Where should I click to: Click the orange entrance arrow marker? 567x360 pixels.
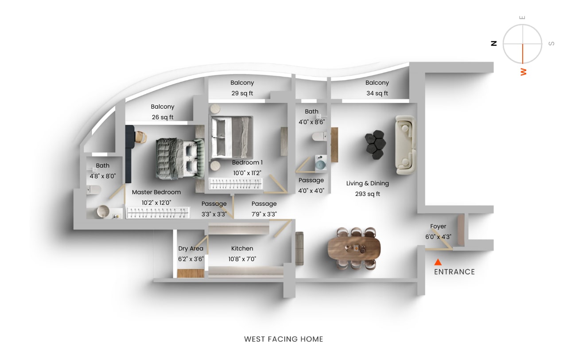pyautogui.click(x=438, y=262)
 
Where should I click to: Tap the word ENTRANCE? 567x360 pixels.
pyautogui.click(x=454, y=272)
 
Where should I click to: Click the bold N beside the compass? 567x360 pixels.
pyautogui.click(x=493, y=43)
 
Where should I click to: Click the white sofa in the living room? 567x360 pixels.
pyautogui.click(x=405, y=144)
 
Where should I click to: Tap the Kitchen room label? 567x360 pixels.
pyautogui.click(x=242, y=249)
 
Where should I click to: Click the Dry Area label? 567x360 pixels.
pyautogui.click(x=190, y=249)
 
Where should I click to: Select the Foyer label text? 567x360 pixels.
pyautogui.click(x=438, y=227)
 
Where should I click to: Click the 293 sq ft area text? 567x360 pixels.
pyautogui.click(x=368, y=194)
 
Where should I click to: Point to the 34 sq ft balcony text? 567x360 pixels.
pyautogui.click(x=377, y=93)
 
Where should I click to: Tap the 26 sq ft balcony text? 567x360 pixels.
pyautogui.click(x=162, y=117)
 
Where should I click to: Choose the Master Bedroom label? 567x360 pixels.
pyautogui.click(x=156, y=192)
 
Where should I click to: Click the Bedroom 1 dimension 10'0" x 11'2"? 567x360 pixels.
pyautogui.click(x=248, y=173)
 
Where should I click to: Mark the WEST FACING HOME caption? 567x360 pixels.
pyautogui.click(x=283, y=339)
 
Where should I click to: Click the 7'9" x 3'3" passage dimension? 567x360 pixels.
pyautogui.click(x=264, y=214)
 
